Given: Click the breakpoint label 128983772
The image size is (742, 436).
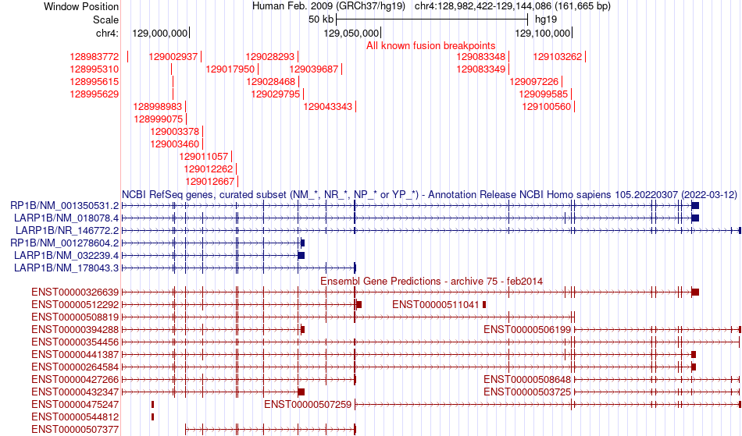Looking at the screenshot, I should [x=95, y=57].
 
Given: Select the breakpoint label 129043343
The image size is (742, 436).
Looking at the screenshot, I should [x=328, y=107].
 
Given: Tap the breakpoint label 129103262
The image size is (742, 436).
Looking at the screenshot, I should [x=558, y=57].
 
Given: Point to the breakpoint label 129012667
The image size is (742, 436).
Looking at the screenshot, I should [x=208, y=182].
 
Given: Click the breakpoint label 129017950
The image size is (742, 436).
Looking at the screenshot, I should [x=230, y=69].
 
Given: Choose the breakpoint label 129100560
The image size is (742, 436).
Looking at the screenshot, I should [x=547, y=107].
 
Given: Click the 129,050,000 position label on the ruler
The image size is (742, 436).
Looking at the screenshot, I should [x=351, y=33].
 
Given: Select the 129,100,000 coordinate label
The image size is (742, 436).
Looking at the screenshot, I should [x=543, y=33].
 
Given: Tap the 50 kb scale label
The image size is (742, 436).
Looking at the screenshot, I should [x=322, y=19].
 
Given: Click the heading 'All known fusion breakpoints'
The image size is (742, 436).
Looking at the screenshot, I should [x=430, y=46].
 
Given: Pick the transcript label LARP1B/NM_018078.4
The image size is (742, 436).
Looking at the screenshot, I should [x=66, y=218].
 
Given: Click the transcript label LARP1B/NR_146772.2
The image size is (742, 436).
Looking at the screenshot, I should [x=67, y=230].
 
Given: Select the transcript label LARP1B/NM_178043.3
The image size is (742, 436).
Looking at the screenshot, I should [x=66, y=268].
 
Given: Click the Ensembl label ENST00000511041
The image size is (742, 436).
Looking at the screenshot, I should [x=436, y=305].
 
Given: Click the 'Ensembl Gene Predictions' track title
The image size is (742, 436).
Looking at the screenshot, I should [x=431, y=281].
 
